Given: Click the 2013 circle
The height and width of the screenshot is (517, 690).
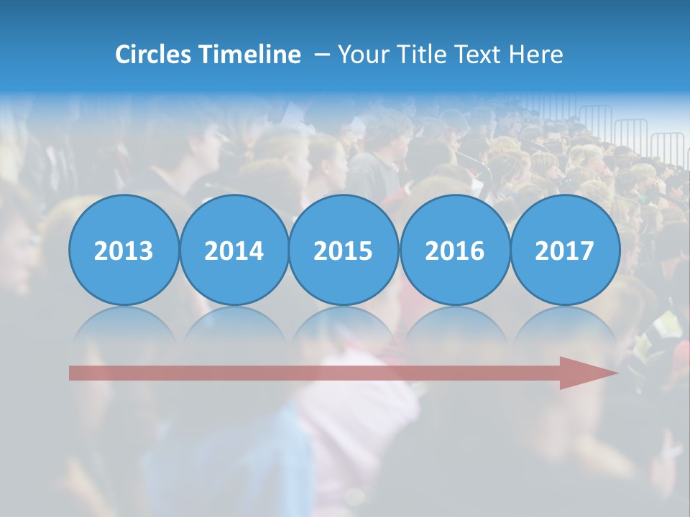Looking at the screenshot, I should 124,251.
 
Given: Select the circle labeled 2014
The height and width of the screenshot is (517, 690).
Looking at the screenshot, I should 234,251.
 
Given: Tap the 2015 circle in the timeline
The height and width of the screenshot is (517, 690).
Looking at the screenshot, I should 344,251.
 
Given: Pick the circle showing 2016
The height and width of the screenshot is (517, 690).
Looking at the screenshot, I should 454,251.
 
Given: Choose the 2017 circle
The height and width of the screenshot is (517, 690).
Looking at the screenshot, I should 565,251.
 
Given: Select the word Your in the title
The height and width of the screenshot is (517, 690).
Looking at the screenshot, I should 360,55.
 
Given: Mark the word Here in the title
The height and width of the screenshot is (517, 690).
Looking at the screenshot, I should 535,55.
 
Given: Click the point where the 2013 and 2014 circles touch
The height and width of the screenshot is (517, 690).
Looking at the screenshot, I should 179,251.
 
